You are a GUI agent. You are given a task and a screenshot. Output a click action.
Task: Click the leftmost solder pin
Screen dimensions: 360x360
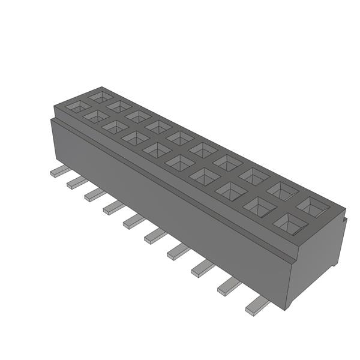[x=60, y=171]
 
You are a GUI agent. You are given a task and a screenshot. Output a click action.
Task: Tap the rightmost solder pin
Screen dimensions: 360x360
[x=257, y=306]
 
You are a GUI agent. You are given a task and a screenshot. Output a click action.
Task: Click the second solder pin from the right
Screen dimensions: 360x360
[x=229, y=287]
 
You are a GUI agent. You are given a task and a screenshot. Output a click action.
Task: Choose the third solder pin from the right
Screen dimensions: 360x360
[x=203, y=268]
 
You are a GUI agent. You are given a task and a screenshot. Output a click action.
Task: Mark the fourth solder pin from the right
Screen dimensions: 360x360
[x=179, y=251]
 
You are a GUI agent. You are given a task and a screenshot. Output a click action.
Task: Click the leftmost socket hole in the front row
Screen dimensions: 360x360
[x=78, y=106]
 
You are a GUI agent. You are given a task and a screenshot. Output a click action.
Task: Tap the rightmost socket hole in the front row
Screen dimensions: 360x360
[x=290, y=224]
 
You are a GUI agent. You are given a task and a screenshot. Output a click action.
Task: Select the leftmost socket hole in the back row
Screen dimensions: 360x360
[x=100, y=95]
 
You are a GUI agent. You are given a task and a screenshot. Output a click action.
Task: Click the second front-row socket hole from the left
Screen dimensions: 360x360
[x=96, y=116]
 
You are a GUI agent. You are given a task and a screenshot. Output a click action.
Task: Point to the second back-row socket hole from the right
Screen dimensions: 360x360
[x=283, y=191]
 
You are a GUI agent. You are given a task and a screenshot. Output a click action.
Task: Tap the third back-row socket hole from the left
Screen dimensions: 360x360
[x=139, y=116]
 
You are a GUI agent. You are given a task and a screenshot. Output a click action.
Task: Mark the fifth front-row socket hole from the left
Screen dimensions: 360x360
[x=157, y=149]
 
